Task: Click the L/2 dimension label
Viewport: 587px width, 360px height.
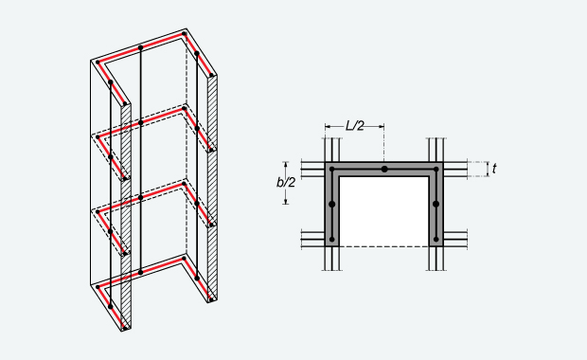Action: click(x=354, y=125)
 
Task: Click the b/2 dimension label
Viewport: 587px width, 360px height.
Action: click(x=286, y=183)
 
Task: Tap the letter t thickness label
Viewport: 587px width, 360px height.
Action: click(x=494, y=169)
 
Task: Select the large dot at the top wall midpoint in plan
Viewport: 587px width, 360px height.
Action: click(x=384, y=170)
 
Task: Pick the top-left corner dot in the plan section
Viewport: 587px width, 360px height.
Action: click(x=332, y=170)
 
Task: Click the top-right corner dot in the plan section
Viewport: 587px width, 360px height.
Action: click(x=436, y=170)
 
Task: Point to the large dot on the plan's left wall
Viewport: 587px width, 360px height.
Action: click(x=331, y=205)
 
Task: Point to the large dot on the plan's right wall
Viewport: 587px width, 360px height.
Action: click(x=436, y=205)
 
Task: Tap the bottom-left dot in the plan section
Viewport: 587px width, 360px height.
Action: click(x=331, y=239)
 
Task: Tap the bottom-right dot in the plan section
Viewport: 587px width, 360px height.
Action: click(x=436, y=239)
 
